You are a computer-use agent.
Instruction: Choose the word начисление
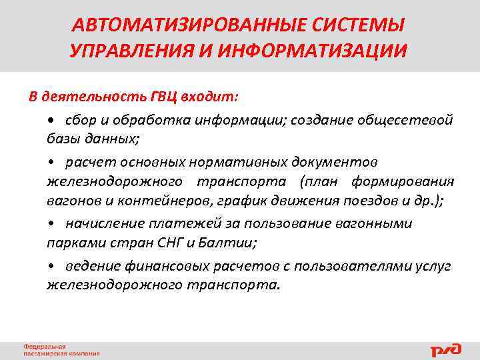pos(100,223)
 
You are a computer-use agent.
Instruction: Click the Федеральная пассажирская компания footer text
pos(61,350)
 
